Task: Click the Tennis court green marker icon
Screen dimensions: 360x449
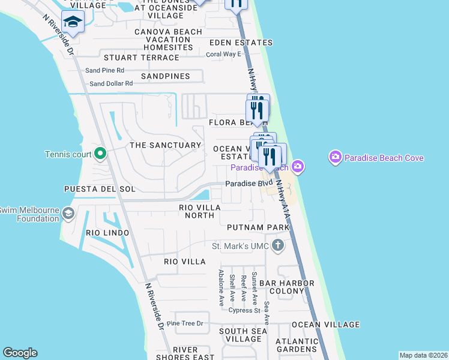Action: click(x=100, y=154)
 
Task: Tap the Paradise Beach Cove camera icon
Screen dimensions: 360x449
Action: click(x=335, y=158)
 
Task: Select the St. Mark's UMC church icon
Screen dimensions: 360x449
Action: click(x=277, y=245)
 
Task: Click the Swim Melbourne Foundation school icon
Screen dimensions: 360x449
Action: click(x=68, y=214)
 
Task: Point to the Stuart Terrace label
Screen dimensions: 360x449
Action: click(x=142, y=58)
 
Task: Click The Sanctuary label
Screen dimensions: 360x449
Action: click(x=165, y=145)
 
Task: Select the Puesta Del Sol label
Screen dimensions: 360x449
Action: click(x=92, y=189)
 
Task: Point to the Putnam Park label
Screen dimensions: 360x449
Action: click(x=259, y=227)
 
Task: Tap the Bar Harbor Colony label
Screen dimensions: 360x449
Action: click(x=283, y=287)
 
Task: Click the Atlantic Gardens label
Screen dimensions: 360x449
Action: click(x=296, y=346)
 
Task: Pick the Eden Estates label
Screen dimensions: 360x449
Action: click(x=241, y=43)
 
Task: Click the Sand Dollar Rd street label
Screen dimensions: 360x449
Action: click(x=111, y=83)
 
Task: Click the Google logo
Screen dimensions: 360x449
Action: click(x=20, y=353)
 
